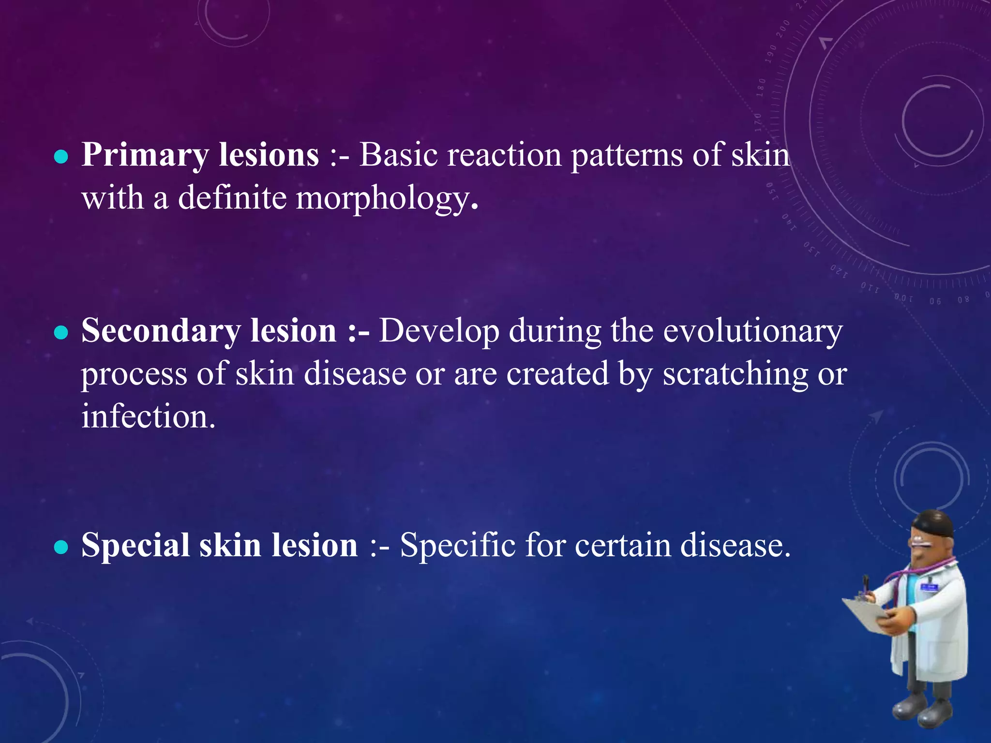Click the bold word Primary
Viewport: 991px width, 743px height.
point(145,156)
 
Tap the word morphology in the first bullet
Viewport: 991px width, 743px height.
point(382,199)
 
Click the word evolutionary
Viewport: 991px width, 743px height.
point(752,331)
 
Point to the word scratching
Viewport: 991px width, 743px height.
point(735,374)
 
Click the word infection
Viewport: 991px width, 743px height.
point(148,417)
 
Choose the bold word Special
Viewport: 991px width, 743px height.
point(135,545)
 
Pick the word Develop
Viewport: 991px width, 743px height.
point(438,332)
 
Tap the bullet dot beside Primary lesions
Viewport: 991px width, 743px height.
point(61,157)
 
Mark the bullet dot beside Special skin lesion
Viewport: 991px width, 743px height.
point(61,547)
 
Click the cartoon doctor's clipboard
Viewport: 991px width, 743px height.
point(866,614)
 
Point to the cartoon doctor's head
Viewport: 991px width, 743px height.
point(931,537)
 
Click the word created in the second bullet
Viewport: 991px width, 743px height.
point(557,374)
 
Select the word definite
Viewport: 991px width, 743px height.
point(232,198)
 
